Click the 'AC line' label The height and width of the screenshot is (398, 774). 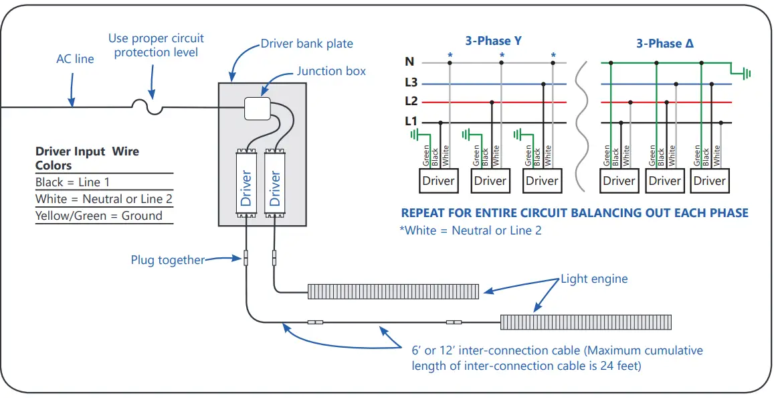[x=75, y=59]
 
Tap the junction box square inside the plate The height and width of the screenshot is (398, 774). [x=256, y=108]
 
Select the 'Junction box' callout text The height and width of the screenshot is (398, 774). [x=331, y=71]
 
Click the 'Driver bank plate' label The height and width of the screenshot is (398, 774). [x=306, y=44]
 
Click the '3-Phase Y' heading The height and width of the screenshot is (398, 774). [x=494, y=41]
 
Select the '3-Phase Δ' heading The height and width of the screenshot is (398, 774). [x=665, y=44]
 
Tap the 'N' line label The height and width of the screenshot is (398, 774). [x=409, y=62]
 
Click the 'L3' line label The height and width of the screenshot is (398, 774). [x=411, y=83]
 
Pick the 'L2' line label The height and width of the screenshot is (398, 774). [x=411, y=102]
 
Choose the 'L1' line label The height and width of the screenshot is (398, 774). [x=411, y=122]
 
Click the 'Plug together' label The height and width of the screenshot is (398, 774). [x=167, y=260]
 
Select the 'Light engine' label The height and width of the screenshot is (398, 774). [x=594, y=279]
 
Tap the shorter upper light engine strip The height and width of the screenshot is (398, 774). [x=393, y=291]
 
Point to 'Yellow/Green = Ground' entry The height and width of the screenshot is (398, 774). [x=99, y=216]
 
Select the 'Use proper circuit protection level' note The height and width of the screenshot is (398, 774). [x=156, y=46]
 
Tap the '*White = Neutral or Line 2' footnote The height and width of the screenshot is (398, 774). [x=470, y=230]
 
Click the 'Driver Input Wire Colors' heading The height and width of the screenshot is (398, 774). [x=87, y=158]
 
